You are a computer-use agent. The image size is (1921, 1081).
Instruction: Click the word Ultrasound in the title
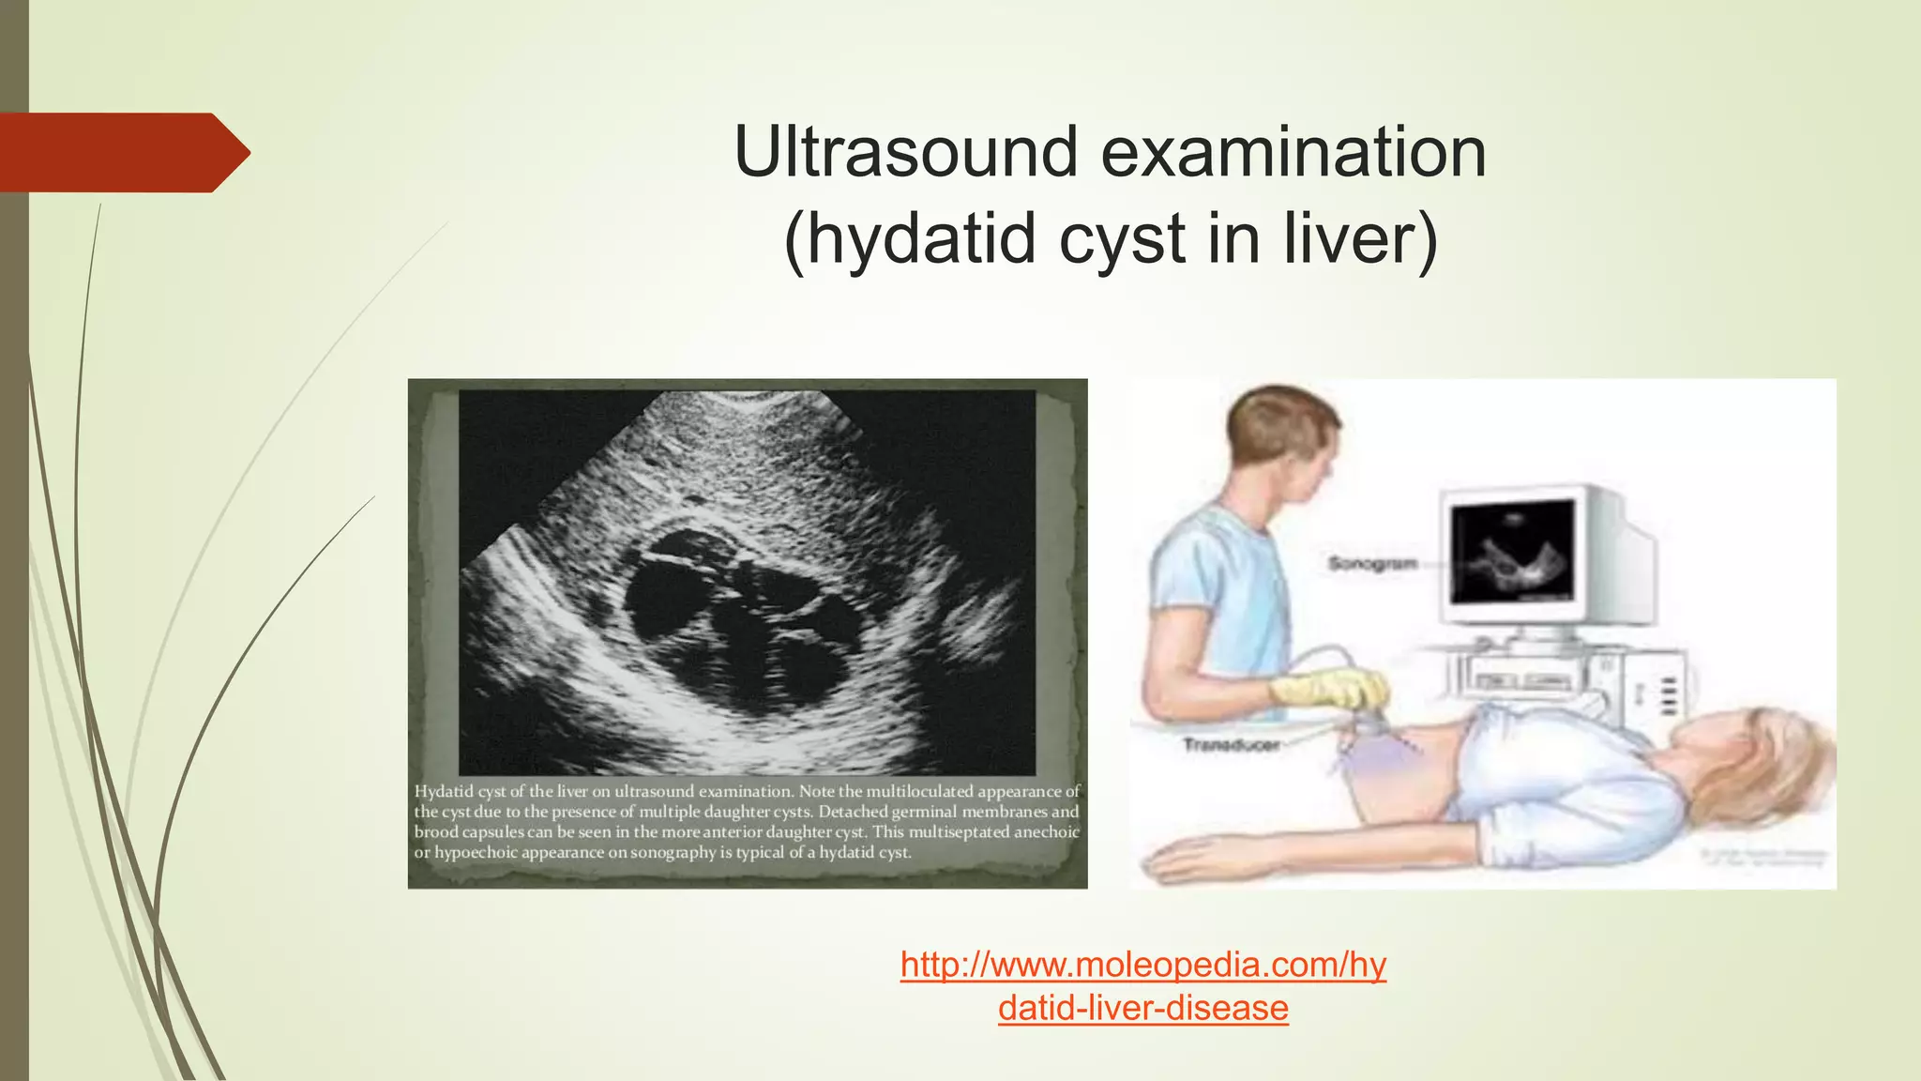pos(906,152)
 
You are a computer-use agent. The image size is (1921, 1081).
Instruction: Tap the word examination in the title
pos(1293,152)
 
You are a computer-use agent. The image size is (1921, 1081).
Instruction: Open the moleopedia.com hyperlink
pos(1142,965)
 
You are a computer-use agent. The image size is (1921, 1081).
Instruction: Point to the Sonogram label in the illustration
pos(1371,564)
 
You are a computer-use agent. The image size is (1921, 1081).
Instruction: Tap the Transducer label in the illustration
pos(1231,745)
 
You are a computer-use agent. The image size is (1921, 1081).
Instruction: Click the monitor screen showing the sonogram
pos(1513,552)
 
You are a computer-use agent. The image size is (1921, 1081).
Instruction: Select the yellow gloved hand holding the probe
pos(1327,690)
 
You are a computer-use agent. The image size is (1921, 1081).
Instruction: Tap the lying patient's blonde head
pos(1773,751)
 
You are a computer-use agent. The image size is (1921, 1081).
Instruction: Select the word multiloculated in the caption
pos(919,792)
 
